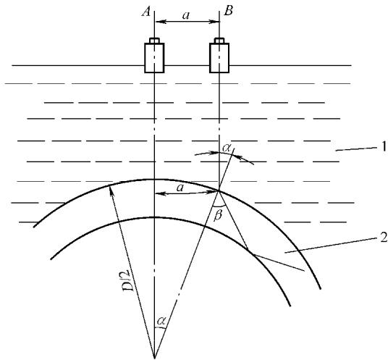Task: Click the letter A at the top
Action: click(146, 12)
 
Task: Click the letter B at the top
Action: click(228, 11)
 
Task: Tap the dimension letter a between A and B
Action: click(186, 16)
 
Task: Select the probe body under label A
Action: click(154, 58)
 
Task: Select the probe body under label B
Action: click(219, 58)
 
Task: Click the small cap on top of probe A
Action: click(154, 41)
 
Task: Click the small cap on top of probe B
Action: click(219, 41)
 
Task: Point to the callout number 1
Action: click(383, 147)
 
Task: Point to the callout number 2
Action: click(383, 238)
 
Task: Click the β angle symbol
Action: click(218, 215)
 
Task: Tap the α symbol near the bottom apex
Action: click(161, 321)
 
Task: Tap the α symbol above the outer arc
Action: click(226, 148)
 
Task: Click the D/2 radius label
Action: click(129, 280)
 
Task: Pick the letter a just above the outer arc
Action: click(180, 188)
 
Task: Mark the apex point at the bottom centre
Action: click(154, 358)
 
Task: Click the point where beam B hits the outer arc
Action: click(219, 191)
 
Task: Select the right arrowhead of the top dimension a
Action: click(215, 22)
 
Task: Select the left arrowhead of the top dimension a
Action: click(159, 22)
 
